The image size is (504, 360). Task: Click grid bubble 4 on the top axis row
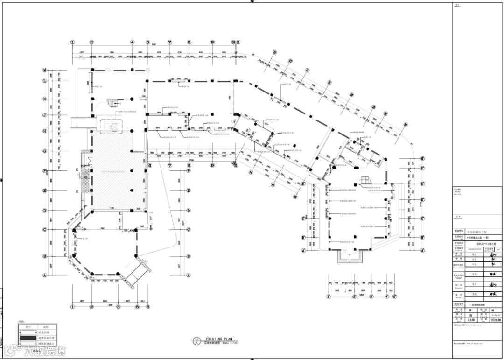tap(133, 42)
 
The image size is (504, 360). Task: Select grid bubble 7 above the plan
tap(170, 42)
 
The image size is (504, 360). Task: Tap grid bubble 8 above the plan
tap(189, 42)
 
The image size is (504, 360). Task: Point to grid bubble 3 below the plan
tap(119, 307)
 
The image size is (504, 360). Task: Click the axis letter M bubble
tap(45, 70)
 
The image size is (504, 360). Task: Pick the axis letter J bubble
tap(45, 114)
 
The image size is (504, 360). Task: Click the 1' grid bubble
tap(329, 296)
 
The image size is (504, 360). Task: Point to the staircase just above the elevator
tap(111, 104)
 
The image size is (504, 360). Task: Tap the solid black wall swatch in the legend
tap(28, 337)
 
